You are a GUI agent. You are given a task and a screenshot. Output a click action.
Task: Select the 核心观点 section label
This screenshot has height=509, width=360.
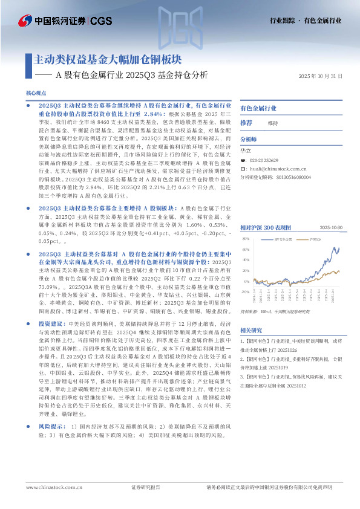click(36, 93)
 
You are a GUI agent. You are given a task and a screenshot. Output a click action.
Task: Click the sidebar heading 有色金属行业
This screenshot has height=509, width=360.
click(258, 108)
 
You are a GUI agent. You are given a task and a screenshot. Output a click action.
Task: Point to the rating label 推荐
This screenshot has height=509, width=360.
click(246, 123)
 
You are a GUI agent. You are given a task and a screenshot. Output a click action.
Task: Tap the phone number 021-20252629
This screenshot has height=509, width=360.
click(264, 160)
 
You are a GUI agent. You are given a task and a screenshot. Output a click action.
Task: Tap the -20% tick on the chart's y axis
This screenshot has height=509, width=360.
click(244, 291)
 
